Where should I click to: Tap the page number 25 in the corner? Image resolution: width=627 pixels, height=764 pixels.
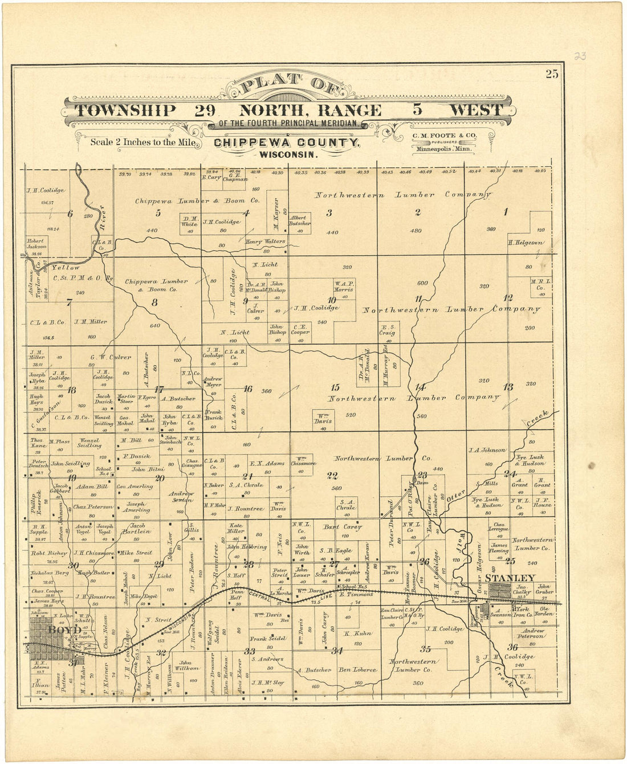coord(551,73)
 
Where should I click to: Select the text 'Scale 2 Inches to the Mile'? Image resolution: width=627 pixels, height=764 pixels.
coord(144,142)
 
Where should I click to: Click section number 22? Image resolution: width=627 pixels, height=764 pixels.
coord(332,475)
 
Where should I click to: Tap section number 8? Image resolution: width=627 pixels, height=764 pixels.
coord(154,303)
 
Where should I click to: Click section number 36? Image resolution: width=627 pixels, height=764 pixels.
coord(512,647)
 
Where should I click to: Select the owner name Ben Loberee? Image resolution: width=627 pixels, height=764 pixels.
coord(358,670)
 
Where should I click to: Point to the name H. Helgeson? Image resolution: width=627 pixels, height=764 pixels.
coord(525,242)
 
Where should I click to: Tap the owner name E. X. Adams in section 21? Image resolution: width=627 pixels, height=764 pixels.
coord(267,463)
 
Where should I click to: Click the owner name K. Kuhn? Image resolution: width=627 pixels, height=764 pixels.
coord(357,634)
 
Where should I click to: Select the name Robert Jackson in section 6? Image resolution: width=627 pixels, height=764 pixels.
coord(35,244)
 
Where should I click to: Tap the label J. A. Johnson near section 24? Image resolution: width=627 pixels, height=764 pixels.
coord(486,450)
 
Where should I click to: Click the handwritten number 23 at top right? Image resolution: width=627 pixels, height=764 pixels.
coord(580,56)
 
